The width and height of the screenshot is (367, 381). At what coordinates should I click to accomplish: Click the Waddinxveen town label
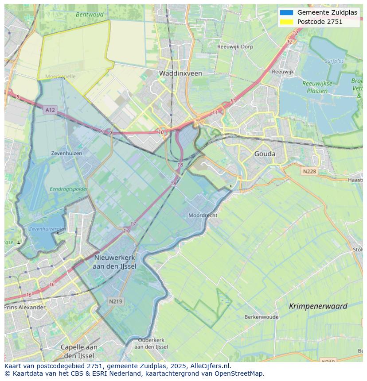point(180,73)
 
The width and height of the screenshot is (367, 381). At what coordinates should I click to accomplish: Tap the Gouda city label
point(265,154)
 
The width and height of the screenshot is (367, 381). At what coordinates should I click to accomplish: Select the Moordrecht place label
point(203,215)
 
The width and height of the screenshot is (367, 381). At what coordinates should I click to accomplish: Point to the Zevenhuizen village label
point(66,153)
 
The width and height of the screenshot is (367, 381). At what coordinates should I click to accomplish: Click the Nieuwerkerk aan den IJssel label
point(115,262)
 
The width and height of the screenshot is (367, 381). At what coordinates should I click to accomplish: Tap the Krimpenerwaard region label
point(318,306)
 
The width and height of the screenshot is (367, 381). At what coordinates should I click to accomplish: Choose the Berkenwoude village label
point(262,317)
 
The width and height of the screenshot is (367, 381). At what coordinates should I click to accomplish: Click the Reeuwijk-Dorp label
point(235,46)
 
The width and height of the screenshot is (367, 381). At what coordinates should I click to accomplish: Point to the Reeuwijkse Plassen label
point(315,87)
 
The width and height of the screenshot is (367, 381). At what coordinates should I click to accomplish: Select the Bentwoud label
point(90,14)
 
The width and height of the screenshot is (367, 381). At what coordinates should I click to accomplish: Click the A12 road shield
point(50,110)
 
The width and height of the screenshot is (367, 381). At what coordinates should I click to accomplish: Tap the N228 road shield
point(310,171)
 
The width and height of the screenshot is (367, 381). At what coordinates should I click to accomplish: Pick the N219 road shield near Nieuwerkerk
point(116,301)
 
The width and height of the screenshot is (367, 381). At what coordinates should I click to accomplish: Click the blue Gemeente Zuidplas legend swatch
point(286,12)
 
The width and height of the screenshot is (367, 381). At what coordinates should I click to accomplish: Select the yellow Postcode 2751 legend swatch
point(286,22)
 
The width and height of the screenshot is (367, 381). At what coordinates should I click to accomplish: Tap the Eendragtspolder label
point(69,189)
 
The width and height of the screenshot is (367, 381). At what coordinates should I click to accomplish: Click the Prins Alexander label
point(25,307)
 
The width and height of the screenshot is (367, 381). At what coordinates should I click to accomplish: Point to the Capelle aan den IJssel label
point(79,351)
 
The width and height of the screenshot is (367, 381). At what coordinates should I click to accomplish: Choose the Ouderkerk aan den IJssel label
point(151,343)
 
